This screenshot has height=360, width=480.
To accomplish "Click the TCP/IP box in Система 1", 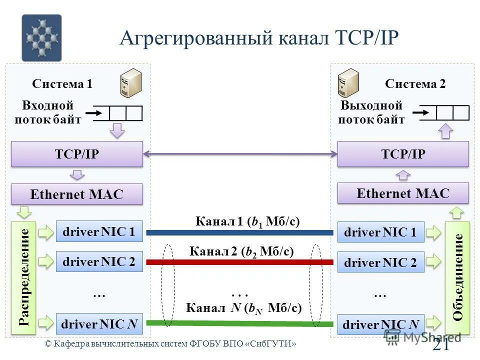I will (x=77, y=154).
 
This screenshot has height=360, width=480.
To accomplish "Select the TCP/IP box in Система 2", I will (x=403, y=154).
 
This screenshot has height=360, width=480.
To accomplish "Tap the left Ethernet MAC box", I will (x=77, y=194).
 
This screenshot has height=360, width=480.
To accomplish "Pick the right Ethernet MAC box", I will (x=403, y=193).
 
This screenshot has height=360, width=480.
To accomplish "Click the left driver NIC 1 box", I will (x=99, y=231).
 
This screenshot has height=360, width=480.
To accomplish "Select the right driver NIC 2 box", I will (x=380, y=262).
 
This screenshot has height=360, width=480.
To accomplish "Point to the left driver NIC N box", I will (x=99, y=324).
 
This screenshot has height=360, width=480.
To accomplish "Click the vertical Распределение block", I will (x=24, y=278).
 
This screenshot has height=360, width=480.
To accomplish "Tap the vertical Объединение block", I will (x=457, y=277).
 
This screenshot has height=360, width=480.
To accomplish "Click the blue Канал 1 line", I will (x=240, y=232).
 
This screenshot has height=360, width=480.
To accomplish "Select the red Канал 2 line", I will (x=240, y=262).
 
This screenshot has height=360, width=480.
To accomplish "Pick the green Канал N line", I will (x=240, y=323).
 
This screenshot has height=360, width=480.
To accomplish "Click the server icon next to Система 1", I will (x=131, y=83).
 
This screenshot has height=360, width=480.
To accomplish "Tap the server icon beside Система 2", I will (x=348, y=83).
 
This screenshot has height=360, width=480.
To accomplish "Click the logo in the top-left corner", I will (x=41, y=38).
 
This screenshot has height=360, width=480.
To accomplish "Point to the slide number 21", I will (x=441, y=345).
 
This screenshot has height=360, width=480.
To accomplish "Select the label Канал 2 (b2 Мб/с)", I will (x=241, y=251).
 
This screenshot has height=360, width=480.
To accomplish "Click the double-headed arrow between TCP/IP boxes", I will (x=240, y=154).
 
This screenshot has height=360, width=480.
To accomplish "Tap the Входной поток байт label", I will (x=48, y=112).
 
